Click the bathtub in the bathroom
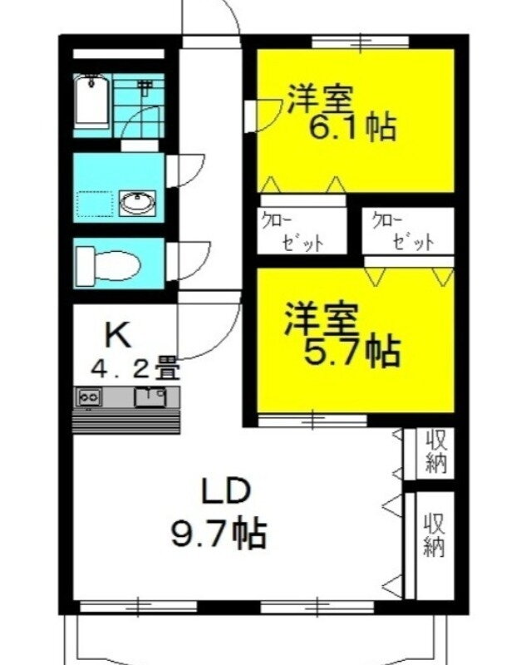[x=91, y=101]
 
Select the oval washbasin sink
[x=137, y=202]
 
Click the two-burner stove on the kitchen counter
[x=89, y=397]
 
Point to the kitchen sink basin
[x=150, y=397]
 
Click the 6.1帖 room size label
[x=353, y=127]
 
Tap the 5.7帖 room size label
[x=352, y=351]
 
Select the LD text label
[x=226, y=490]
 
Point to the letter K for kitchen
[x=117, y=335]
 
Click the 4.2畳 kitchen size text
[x=135, y=369]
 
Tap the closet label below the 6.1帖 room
[x=292, y=233]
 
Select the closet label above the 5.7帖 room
[x=403, y=232]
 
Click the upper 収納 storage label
[x=436, y=451]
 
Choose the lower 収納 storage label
[x=435, y=535]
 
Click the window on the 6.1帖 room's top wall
[x=361, y=42]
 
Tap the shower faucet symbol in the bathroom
[x=145, y=86]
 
